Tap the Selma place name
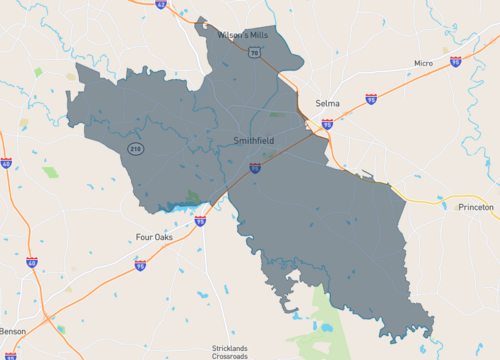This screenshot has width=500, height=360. pyautogui.click(x=327, y=103)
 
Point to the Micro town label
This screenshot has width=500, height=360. pyautogui.click(x=424, y=63)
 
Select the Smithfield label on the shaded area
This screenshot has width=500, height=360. pyautogui.click(x=255, y=142)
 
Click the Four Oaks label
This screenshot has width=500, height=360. pyautogui.click(x=156, y=237)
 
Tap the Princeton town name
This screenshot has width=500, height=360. pyautogui.click(x=475, y=207)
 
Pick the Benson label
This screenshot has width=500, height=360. pyautogui.click(x=14, y=330)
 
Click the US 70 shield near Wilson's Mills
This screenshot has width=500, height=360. pyautogui.click(x=256, y=52)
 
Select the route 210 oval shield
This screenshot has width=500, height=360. pyautogui.click(x=134, y=149)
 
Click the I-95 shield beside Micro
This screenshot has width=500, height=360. pyautogui.click(x=455, y=62)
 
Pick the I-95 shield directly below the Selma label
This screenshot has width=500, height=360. pyautogui.click(x=327, y=125)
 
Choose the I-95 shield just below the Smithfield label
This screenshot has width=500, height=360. pyautogui.click(x=255, y=169)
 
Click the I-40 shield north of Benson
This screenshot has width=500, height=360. pyautogui.click(x=32, y=263)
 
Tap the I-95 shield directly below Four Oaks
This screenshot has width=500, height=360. pyautogui.click(x=140, y=266)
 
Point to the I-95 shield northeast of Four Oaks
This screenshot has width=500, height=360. pyautogui.click(x=200, y=220)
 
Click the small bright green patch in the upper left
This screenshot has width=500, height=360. pyautogui.click(x=38, y=72)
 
